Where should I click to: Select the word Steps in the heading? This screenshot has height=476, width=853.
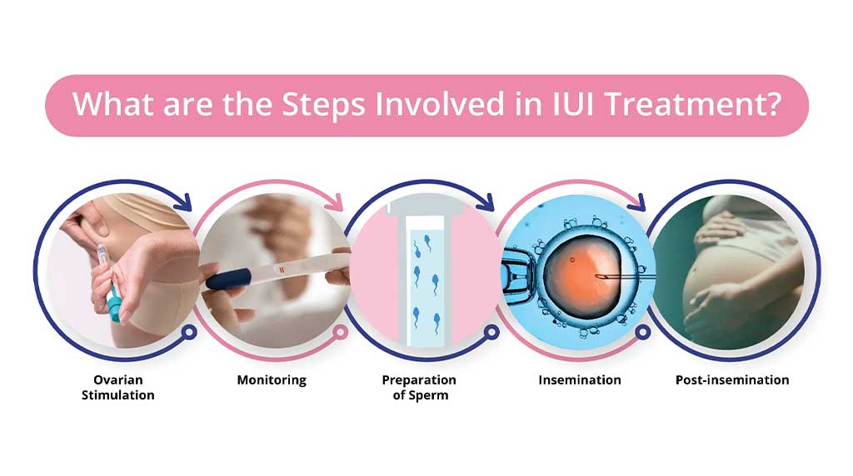pos(323,105)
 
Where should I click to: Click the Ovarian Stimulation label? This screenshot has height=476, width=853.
pos(118,388)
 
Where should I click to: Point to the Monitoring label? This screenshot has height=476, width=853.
pos(272,379)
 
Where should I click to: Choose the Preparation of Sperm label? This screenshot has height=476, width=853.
pos(419,388)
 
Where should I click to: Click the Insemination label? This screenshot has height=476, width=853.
pos(580,379)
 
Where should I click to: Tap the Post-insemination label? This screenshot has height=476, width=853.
pos(732,379)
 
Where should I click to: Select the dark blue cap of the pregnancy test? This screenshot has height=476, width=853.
pos(228,279)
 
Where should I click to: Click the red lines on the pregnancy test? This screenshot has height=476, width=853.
pos(282,270)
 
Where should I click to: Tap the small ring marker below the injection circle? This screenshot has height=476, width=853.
pos(189,332)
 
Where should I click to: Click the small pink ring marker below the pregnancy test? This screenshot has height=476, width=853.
pos(341,332)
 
